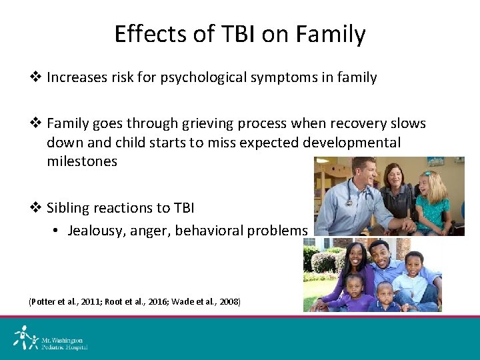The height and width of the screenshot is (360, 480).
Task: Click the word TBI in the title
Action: click(x=235, y=34)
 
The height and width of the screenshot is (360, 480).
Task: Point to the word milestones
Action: click(x=81, y=161)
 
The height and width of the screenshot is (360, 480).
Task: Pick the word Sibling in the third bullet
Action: click(x=70, y=208)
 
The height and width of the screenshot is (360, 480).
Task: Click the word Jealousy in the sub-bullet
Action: click(x=95, y=231)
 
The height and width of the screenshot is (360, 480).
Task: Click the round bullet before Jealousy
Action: click(x=57, y=231)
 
